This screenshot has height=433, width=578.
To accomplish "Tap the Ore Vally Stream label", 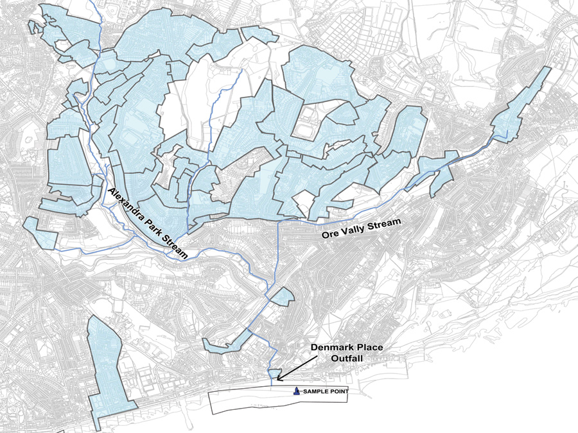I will coord(360,229).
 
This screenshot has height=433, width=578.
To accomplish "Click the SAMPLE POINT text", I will coord(324,391).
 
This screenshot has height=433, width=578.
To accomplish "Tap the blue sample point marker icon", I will coord(296,390).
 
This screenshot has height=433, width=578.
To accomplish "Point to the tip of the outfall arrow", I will coord(277,380).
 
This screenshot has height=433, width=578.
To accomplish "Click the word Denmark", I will coord(327,348).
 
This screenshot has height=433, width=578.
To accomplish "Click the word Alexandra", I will coord(128,205).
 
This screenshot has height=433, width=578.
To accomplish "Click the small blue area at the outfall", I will coord(274,373).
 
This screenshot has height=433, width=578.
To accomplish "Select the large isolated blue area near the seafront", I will coord(109,372).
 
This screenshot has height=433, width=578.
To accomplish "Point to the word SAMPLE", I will coord(314,391).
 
